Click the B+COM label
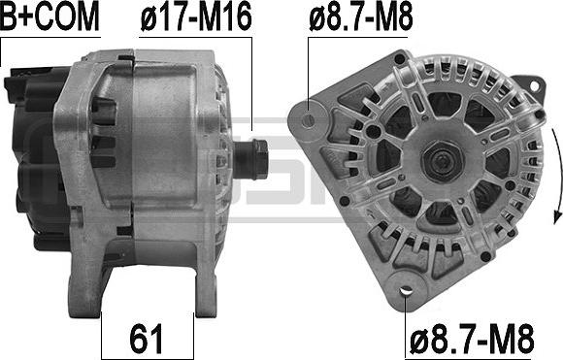pos(50,16)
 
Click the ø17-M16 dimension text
pos(196,16)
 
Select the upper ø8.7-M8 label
pos(361,16)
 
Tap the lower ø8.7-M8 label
pos(472,339)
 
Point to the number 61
pos(147,339)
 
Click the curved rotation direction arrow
pos(557,176)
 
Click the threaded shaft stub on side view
pos(250,159)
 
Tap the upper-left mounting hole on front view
pos(308,120)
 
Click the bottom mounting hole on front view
pos(406,290)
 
